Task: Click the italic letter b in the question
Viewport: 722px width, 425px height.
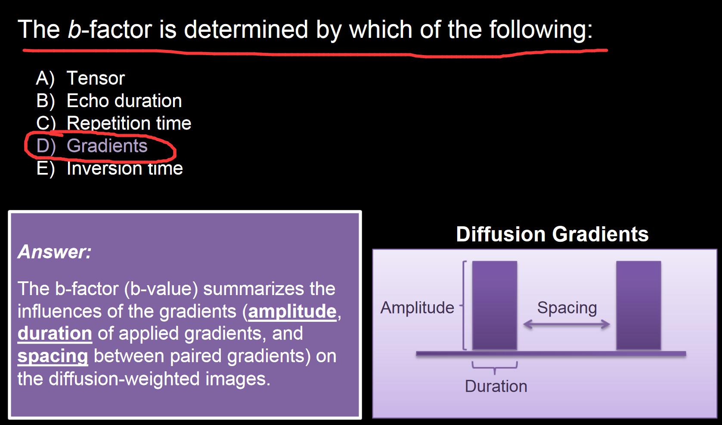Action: click(74, 29)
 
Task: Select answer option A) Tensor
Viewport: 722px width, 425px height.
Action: click(80, 78)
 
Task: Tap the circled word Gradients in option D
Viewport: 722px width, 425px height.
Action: click(107, 146)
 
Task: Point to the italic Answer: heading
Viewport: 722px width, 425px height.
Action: click(55, 252)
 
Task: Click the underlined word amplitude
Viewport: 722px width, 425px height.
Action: click(292, 311)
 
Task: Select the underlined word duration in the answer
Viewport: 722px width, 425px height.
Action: click(55, 333)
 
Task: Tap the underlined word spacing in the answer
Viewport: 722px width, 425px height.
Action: click(53, 357)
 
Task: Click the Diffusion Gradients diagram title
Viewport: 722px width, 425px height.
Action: click(552, 234)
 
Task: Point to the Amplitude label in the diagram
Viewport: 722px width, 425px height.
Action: click(417, 308)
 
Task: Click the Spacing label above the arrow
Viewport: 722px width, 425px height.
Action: click(567, 308)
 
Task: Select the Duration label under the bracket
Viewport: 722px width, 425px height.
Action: click(496, 386)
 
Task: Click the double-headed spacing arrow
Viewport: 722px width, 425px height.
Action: click(566, 324)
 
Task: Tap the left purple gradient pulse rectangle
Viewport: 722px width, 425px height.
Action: click(495, 305)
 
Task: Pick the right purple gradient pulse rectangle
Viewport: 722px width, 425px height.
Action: click(638, 305)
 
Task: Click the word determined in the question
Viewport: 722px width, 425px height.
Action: click(246, 29)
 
